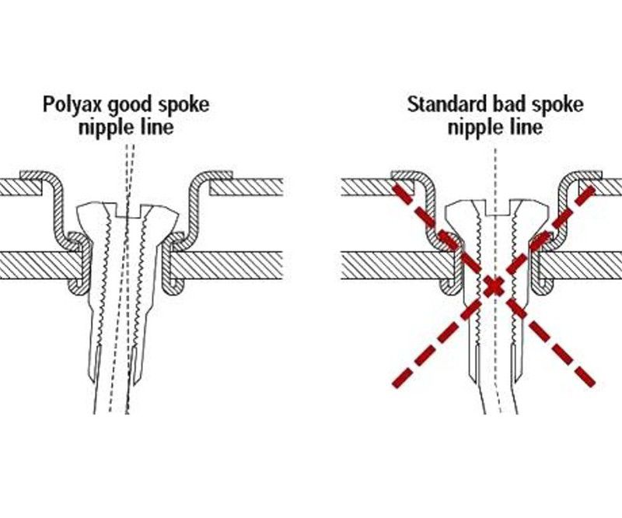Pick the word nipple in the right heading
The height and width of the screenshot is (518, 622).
point(475,128)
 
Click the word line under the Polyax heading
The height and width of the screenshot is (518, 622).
point(156,127)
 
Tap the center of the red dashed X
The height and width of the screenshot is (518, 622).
point(494,285)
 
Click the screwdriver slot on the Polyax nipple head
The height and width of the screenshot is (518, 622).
point(128,212)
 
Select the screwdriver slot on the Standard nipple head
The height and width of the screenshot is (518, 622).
point(497,209)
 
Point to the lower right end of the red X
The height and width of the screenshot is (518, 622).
point(592,383)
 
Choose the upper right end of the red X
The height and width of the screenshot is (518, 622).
point(592,188)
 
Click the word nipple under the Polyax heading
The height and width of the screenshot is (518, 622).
point(107,128)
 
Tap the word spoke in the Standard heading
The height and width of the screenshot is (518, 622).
point(557,105)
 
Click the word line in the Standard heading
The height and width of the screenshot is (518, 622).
point(524,127)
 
